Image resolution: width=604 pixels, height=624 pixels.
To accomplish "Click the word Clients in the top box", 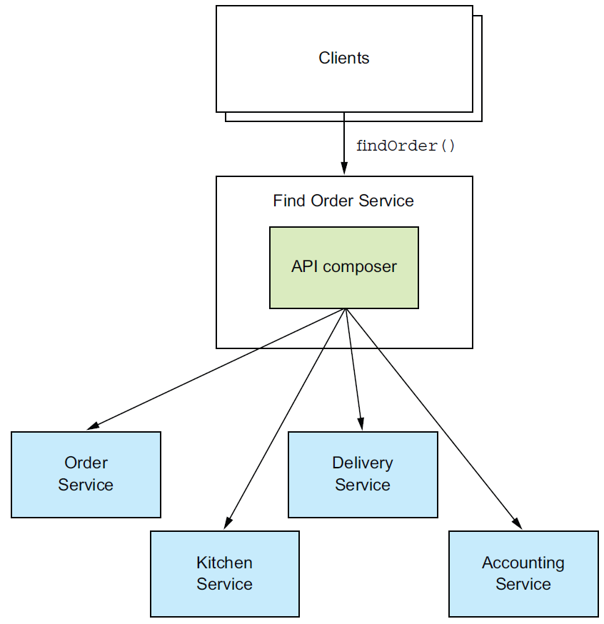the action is [x=344, y=58].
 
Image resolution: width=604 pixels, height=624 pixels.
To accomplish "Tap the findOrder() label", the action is [x=405, y=146].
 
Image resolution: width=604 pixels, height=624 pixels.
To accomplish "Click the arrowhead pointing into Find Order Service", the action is [x=344, y=168].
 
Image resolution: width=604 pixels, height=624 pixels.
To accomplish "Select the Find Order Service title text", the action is [x=343, y=201].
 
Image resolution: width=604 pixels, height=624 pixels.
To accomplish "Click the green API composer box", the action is [x=344, y=268].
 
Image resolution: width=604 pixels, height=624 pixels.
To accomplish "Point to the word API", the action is [x=304, y=266].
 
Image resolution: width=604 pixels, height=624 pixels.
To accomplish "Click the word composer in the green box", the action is [x=360, y=267].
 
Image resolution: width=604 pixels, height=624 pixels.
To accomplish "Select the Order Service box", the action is [x=86, y=474].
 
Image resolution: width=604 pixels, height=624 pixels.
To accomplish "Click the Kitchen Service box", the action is [x=225, y=573].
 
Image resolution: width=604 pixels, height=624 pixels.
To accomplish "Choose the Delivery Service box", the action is [x=363, y=474].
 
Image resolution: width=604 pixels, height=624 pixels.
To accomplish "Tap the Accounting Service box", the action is [x=523, y=573].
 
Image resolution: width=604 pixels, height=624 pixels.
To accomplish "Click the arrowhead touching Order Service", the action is [x=93, y=426].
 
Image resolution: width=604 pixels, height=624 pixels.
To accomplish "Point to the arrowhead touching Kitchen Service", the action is [x=228, y=523].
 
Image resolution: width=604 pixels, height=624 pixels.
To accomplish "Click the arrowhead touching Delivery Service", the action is [x=361, y=424].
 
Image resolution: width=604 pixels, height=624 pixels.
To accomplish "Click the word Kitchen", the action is [x=224, y=563].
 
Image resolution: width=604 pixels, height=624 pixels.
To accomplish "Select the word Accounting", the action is [x=523, y=563].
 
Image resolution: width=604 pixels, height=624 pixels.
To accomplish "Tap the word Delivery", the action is [x=363, y=463].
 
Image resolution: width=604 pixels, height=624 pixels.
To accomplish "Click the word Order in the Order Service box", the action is [x=86, y=463].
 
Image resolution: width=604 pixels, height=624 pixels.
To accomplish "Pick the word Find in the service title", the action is [x=289, y=201].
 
